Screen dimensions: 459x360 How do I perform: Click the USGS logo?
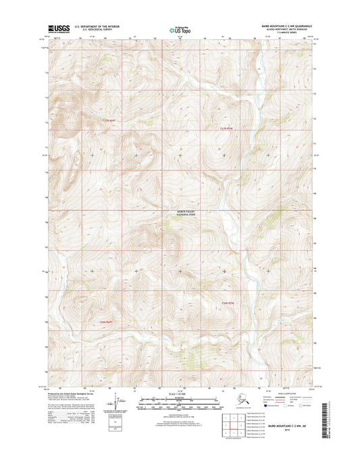pyautogui.click(x=59, y=28)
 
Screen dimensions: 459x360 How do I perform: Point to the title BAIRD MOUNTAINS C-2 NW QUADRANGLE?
pyautogui.click(x=283, y=24)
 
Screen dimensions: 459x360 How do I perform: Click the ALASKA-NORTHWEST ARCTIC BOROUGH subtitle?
pyautogui.click(x=283, y=28)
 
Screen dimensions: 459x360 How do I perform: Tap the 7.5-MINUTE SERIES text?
pyautogui.click(x=283, y=32)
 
